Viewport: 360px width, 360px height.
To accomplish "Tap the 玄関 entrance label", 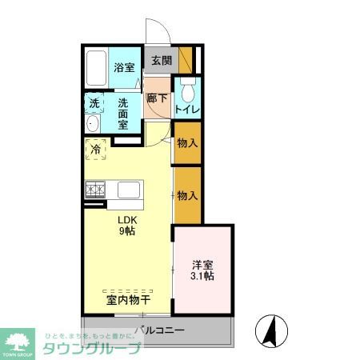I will [161, 60].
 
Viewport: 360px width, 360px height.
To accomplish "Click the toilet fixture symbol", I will [186, 88].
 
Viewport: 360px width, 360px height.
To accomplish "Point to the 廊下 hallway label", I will [156, 100].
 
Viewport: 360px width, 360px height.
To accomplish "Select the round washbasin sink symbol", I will [94, 124].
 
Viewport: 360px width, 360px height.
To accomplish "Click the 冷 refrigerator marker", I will [95, 149].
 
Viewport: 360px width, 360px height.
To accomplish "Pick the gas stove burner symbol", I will [95, 190].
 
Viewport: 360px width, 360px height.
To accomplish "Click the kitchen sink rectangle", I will [129, 190].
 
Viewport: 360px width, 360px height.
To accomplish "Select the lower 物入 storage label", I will [187, 195].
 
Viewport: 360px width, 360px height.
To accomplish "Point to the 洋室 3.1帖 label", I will [202, 270].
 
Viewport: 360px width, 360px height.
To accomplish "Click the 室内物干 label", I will [129, 300].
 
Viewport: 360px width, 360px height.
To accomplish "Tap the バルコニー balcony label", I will [159, 330].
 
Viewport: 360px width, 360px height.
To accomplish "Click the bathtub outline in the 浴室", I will [96, 70].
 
